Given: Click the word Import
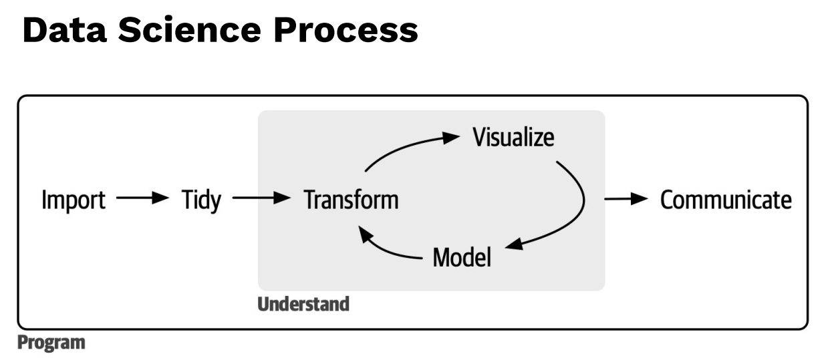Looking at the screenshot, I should pos(74,200).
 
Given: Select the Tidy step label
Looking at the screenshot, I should pos(201,200).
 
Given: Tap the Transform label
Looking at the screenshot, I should pos(351,200).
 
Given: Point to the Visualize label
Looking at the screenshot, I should pos(513,138).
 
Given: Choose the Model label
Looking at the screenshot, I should pos(462,257).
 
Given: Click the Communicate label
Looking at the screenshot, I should pos(726,200).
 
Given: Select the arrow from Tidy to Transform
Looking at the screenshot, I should pos(262,198).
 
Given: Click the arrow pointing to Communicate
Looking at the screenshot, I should pos(626,198).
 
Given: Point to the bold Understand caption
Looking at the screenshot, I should pos(303,305).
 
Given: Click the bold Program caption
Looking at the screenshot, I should pos(51,343).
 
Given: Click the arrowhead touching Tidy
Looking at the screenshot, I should pos(160,198).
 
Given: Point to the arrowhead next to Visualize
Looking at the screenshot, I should pos(450,137).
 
